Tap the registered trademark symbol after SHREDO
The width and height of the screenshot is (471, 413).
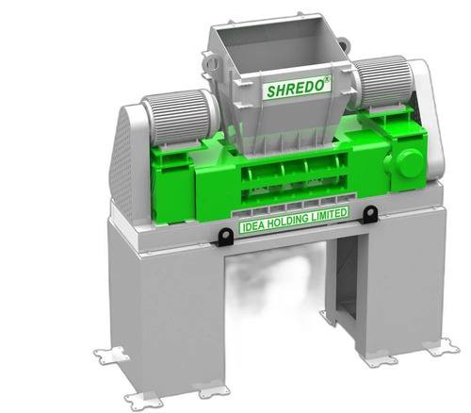(x=327, y=80)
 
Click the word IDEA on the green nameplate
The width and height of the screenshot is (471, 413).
(x=252, y=225)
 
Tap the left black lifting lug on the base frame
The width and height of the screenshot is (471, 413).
(x=225, y=237)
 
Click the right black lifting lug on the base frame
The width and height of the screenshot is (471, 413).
(x=371, y=214)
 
